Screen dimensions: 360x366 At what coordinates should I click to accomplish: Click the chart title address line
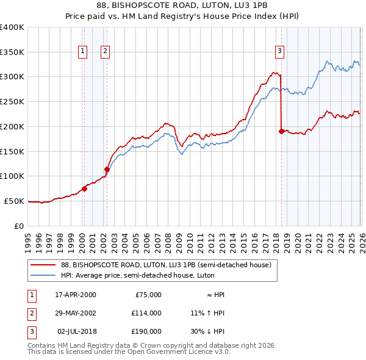183,5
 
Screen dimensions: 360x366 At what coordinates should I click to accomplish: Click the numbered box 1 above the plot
82,51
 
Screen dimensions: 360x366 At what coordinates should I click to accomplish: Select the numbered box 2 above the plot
105,51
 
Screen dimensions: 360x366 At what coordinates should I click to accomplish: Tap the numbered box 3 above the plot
279,51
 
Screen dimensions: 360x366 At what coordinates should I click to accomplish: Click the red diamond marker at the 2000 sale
84,189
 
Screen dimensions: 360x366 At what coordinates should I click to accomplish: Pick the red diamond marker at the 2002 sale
107,169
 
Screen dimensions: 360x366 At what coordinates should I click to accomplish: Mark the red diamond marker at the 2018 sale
281,131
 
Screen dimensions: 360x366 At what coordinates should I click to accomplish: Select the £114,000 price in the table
146,313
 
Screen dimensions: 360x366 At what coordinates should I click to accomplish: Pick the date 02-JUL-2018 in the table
76,331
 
